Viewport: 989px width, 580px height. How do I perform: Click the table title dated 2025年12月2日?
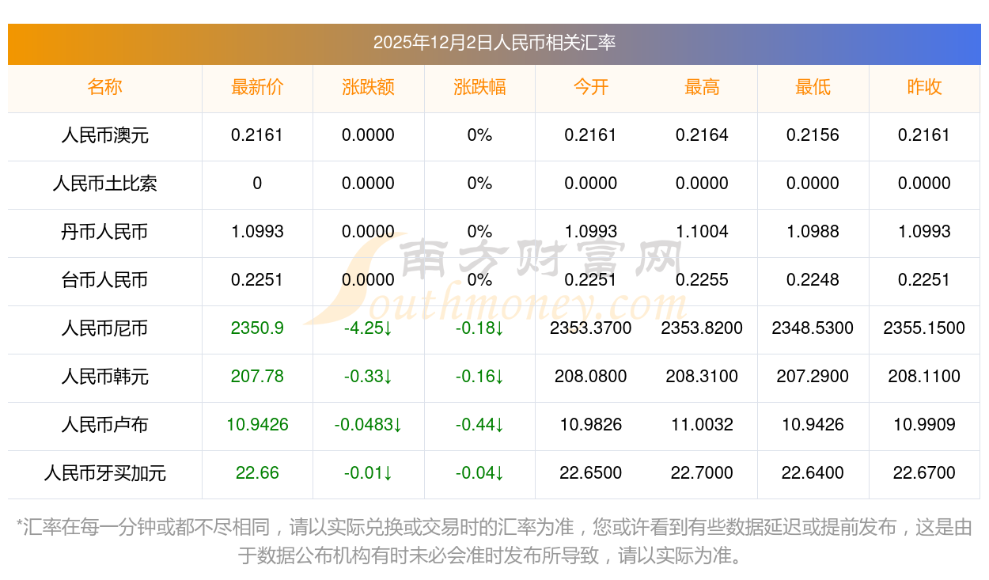tap(494, 43)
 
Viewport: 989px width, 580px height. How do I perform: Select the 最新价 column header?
tap(257, 87)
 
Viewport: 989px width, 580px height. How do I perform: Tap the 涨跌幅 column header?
tap(479, 87)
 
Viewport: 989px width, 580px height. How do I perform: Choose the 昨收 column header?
tap(924, 87)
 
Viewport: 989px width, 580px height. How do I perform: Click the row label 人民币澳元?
tap(104, 135)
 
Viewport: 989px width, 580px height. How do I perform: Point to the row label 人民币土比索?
tap(104, 184)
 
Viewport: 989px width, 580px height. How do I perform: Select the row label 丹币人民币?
tap(104, 232)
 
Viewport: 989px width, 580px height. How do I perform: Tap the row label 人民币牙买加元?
tap(104, 473)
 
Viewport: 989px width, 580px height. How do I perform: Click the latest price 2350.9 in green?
tap(257, 328)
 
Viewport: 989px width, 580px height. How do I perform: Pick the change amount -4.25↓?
tap(368, 328)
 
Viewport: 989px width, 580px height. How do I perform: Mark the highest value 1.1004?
tap(702, 232)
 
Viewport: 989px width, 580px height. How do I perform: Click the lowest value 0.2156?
tap(813, 135)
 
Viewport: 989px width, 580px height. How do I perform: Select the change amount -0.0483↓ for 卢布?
tap(368, 425)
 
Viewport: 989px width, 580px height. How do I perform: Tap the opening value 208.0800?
tap(591, 377)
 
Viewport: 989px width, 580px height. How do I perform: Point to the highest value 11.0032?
tap(702, 425)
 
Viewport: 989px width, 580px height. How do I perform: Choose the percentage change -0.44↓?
tap(479, 425)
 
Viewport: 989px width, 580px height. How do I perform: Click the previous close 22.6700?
tap(924, 473)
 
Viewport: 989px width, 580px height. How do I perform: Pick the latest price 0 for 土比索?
tap(257, 184)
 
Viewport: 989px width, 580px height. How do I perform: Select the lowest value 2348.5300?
tap(813, 328)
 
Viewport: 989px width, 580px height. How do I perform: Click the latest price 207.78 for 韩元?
tap(257, 377)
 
